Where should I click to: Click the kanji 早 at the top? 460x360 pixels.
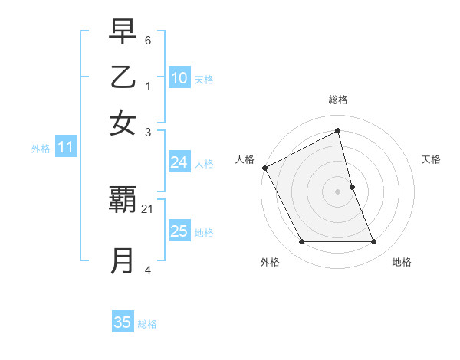click(x=123, y=33)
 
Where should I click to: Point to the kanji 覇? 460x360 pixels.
click(x=123, y=201)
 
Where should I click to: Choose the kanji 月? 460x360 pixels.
click(x=123, y=260)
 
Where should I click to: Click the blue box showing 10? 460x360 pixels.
click(x=179, y=78)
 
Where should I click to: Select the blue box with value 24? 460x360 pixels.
click(x=179, y=162)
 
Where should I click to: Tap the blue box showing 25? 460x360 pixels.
click(x=179, y=231)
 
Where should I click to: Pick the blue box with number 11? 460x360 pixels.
click(x=65, y=148)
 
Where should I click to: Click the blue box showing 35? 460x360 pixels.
click(x=123, y=322)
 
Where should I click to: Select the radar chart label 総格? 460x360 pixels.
click(x=337, y=100)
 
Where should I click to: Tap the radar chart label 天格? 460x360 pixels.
click(x=431, y=159)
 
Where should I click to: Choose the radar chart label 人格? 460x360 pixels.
click(x=245, y=159)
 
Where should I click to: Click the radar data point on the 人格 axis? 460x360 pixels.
click(x=264, y=168)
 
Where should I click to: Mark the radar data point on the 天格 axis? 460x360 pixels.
click(x=352, y=187)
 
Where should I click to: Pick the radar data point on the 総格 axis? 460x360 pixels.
click(x=337, y=131)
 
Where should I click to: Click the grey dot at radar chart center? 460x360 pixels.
click(x=337, y=191)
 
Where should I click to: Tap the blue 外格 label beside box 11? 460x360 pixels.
click(x=41, y=149)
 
